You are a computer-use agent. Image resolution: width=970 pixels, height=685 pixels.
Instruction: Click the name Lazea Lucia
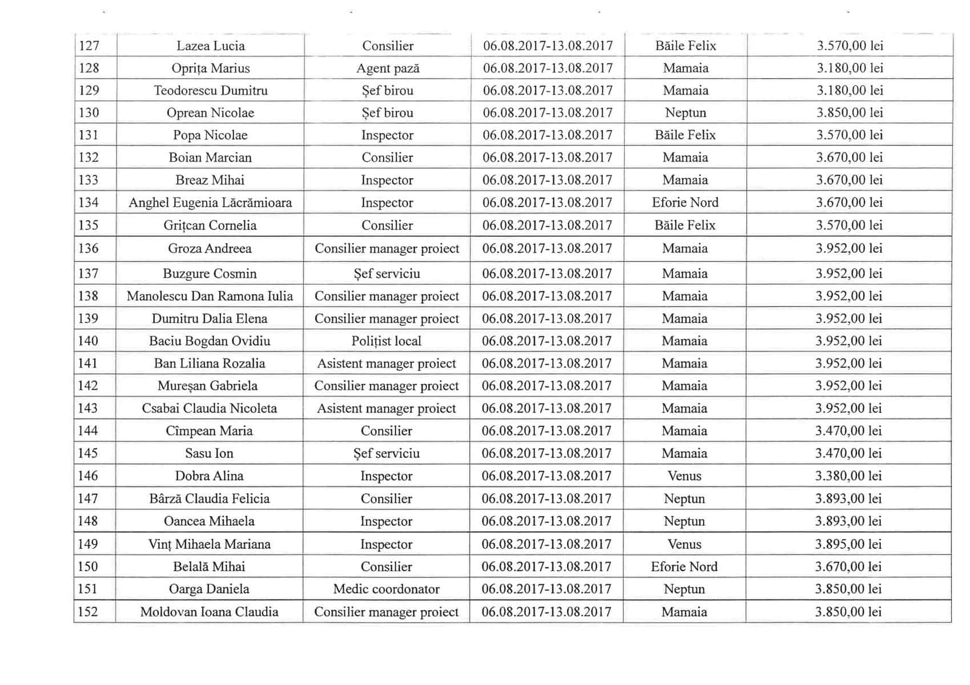[210, 46]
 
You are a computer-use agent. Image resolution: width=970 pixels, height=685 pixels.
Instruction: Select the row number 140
[88, 341]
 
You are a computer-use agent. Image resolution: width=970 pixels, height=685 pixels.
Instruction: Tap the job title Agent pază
[388, 68]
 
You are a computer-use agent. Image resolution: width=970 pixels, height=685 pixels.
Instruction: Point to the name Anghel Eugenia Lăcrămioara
[210, 203]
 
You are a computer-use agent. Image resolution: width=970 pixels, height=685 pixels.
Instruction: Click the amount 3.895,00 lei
[848, 544]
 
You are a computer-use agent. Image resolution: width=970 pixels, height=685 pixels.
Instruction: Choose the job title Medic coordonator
[387, 589]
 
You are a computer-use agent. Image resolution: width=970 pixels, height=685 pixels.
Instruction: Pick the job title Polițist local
[387, 341]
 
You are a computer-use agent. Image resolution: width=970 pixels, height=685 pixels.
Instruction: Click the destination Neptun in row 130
[685, 113]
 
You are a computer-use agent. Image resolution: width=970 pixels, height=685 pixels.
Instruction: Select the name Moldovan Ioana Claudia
[209, 612]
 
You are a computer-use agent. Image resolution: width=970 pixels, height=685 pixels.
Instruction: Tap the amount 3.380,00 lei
[848, 476]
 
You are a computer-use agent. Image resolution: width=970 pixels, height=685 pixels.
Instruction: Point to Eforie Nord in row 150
[684, 567]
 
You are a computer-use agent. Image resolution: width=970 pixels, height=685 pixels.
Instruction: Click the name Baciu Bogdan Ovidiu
[210, 341]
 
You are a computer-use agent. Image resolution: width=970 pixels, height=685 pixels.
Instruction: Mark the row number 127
[89, 46]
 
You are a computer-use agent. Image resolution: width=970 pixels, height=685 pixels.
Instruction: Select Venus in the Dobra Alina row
[684, 476]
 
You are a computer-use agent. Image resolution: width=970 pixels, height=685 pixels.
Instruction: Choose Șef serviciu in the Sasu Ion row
[387, 454]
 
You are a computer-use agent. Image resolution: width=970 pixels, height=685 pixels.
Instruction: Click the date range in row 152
[546, 612]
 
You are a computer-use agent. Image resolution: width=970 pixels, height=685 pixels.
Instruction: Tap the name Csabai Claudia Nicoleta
[210, 409]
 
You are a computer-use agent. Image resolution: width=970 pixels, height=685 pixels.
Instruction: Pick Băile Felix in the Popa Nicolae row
[685, 135]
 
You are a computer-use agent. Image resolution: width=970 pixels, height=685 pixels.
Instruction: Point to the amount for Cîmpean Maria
[848, 431]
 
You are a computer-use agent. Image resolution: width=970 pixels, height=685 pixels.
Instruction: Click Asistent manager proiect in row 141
[387, 364]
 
